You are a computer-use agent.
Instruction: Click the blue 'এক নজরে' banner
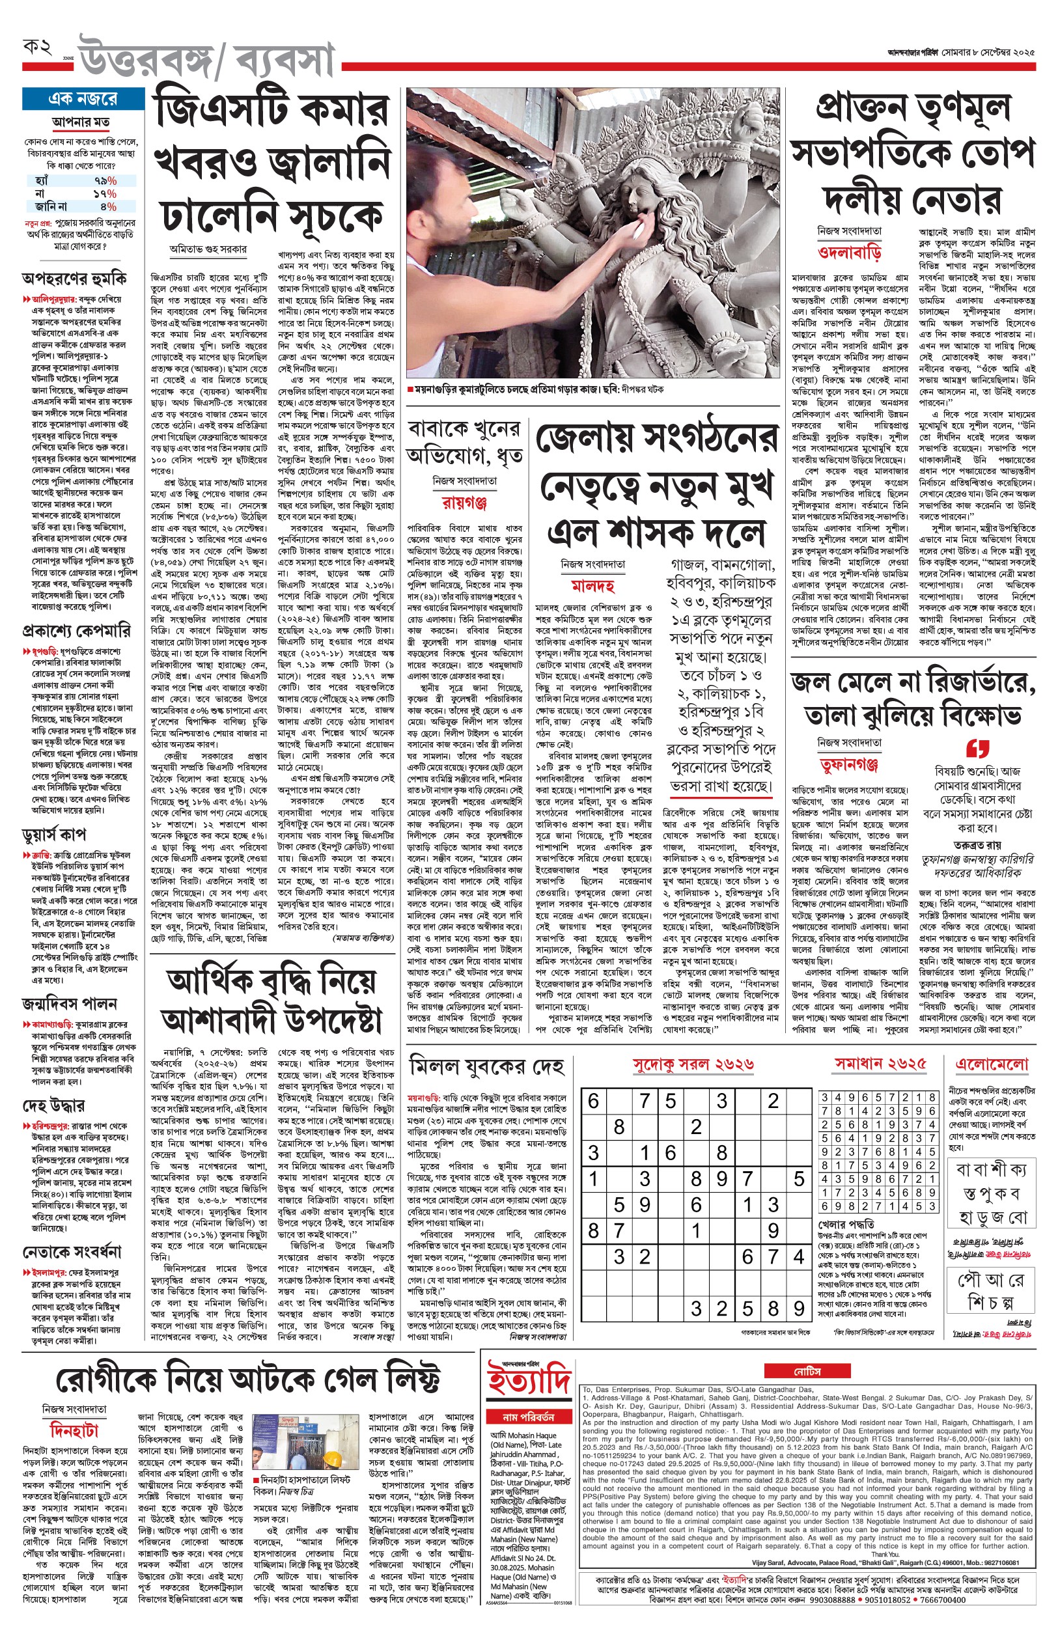[80, 99]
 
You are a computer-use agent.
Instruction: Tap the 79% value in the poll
[105, 180]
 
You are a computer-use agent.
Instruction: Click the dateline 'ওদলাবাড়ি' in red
[849, 252]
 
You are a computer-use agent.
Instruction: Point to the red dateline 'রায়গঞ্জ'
[464, 503]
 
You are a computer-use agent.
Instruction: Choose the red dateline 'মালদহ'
[593, 586]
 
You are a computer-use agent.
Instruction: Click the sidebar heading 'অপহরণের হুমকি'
[74, 279]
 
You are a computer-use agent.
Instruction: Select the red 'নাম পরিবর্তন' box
[527, 1416]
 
